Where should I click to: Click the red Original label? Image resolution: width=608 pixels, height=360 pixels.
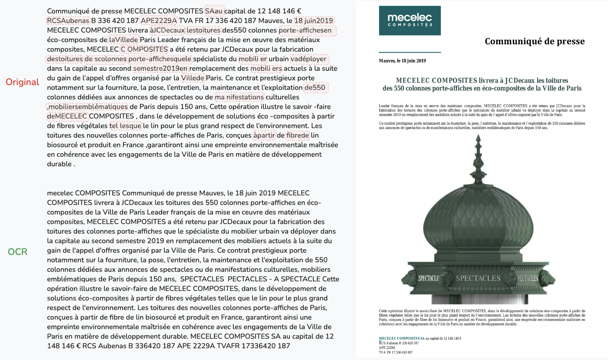coord(22,82)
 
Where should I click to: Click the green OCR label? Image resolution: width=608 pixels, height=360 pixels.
coord(17,251)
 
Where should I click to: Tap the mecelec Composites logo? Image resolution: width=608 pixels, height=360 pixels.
coord(409,20)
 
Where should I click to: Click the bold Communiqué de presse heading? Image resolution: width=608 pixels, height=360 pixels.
coord(535,41)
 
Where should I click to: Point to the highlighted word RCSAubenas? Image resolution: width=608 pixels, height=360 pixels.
coord(68,20)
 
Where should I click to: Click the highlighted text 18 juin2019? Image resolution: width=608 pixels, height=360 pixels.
coord(313,20)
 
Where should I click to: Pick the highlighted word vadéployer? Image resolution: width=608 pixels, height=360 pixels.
coord(309,59)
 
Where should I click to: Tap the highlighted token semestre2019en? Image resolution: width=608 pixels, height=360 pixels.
coord(161,68)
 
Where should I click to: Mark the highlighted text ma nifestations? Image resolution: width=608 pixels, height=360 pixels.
coord(239,97)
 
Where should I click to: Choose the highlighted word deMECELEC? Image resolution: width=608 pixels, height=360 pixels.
coord(67,116)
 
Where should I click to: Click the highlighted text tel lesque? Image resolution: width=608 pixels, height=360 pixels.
coord(126,126)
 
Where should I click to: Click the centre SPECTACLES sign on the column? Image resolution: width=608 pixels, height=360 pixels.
coord(478,278)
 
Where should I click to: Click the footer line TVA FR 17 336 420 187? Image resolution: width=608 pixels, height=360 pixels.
coord(395,352)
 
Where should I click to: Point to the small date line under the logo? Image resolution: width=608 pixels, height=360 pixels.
coord(402,61)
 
